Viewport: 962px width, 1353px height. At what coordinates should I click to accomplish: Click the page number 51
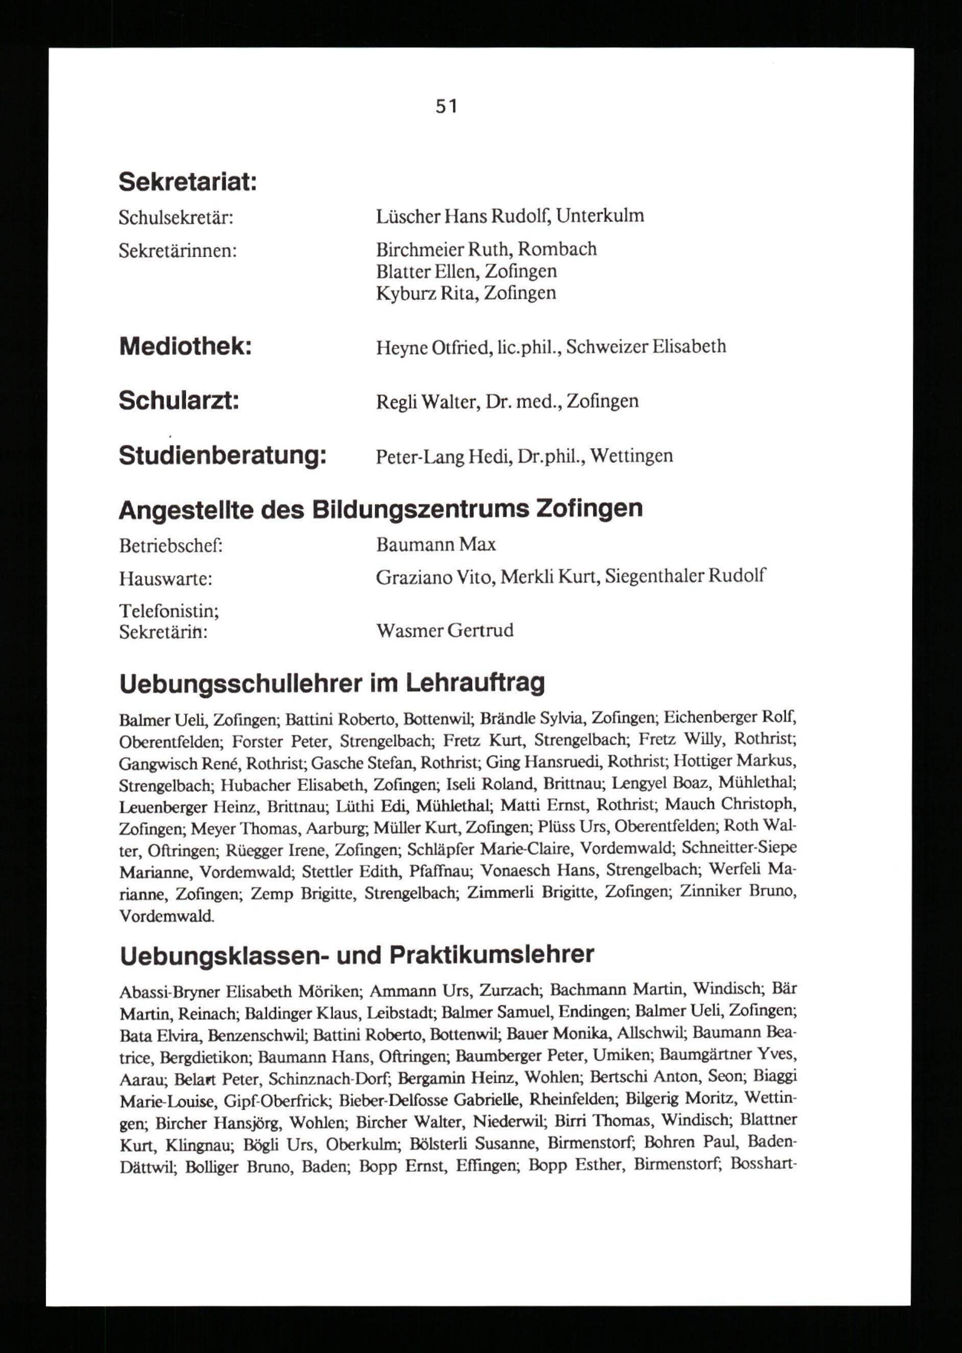pyautogui.click(x=447, y=107)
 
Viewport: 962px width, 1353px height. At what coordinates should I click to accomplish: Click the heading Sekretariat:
pyautogui.click(x=188, y=182)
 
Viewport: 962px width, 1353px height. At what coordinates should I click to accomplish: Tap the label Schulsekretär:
pyautogui.click(x=176, y=218)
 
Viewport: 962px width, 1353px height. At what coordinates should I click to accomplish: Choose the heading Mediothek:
pyautogui.click(x=185, y=346)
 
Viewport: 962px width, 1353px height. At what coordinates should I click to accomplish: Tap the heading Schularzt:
pyautogui.click(x=179, y=401)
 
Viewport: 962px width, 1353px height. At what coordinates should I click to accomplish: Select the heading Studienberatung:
pyautogui.click(x=223, y=455)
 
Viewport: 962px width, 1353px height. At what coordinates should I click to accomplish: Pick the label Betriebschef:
pyautogui.click(x=170, y=545)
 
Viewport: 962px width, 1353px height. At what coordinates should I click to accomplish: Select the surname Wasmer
pyautogui.click(x=409, y=631)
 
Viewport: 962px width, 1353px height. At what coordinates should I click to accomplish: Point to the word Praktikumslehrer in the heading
pyautogui.click(x=491, y=954)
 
